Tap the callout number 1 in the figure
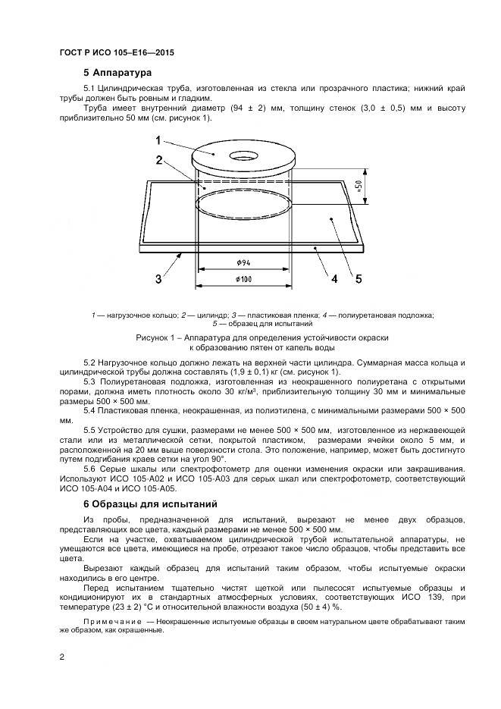[x=158, y=140]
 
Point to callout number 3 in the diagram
[x=158, y=279]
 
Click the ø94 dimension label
[x=244, y=262]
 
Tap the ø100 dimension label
[x=244, y=279]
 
